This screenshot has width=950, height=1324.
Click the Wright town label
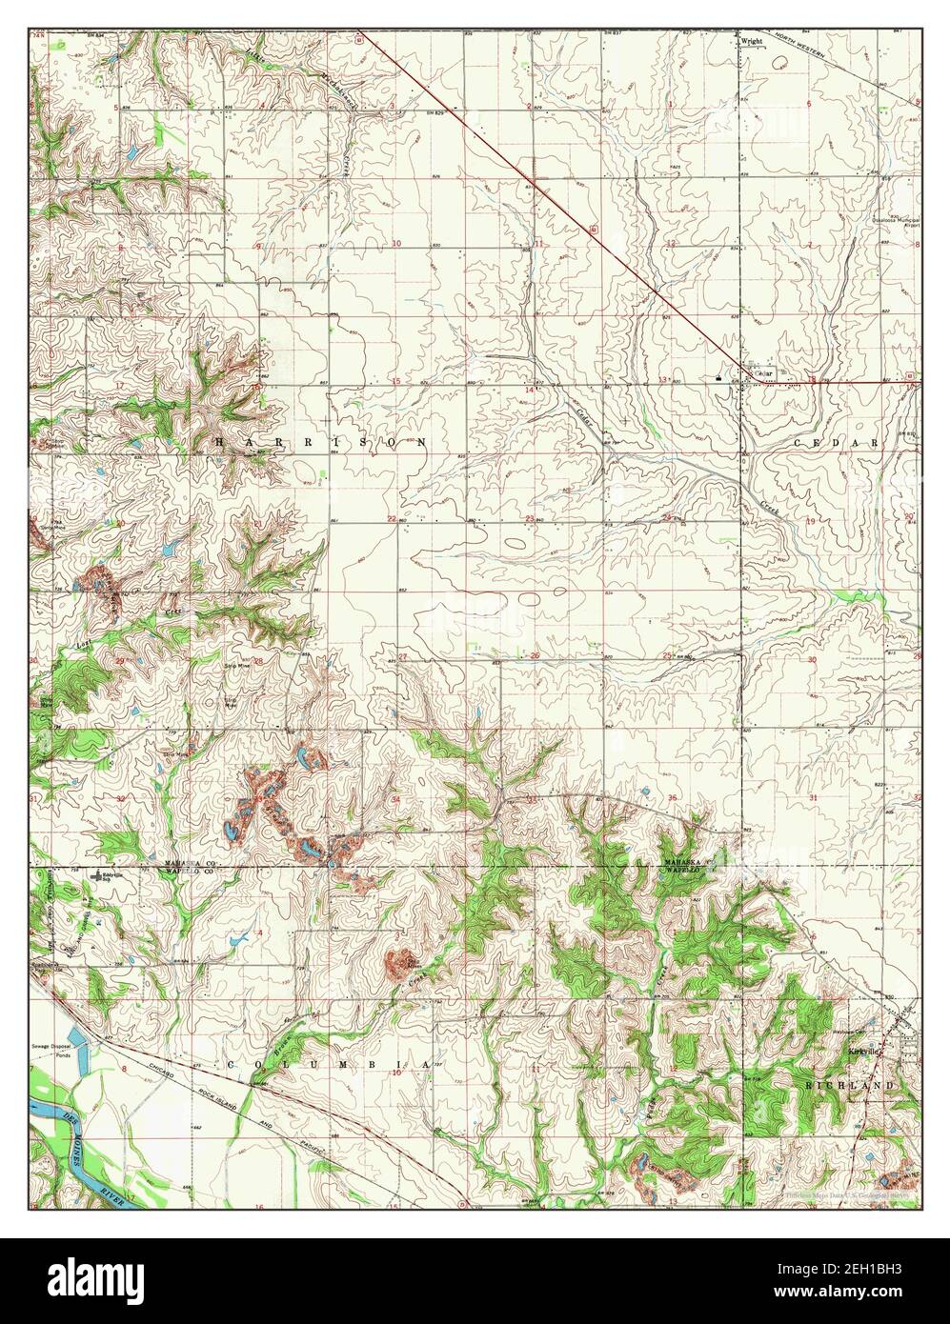(753, 42)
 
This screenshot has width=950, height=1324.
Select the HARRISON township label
(320, 443)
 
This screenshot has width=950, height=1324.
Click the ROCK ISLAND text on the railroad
(212, 1095)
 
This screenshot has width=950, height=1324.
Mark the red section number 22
(392, 519)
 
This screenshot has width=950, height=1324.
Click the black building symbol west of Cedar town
(716, 378)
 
